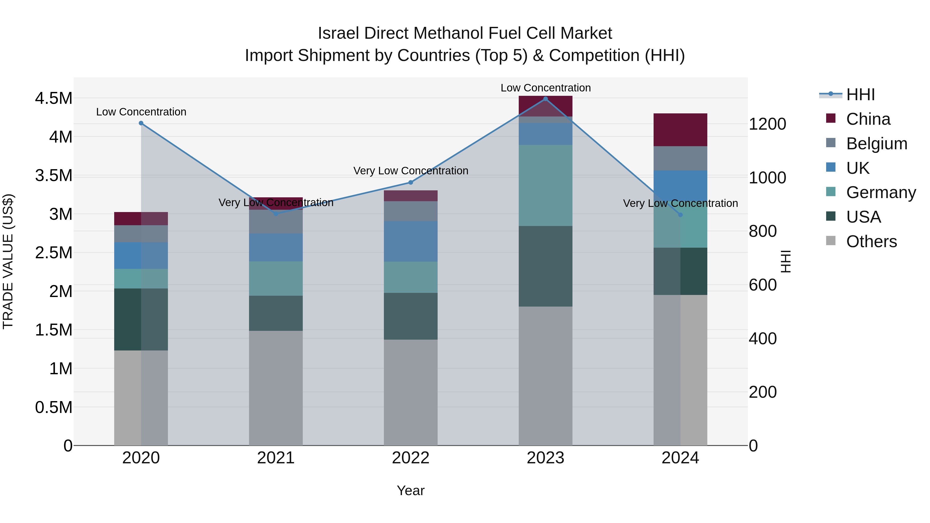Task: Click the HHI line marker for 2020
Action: (x=141, y=123)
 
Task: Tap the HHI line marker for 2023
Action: (x=546, y=99)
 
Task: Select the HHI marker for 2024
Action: (x=680, y=215)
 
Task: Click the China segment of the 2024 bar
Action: (x=680, y=130)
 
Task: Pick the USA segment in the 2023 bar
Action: (x=546, y=266)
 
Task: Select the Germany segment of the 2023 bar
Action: (x=546, y=185)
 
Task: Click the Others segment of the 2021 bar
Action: (x=276, y=388)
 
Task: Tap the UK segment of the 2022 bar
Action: (x=410, y=241)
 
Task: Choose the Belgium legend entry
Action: (x=876, y=144)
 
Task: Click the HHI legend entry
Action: (x=860, y=95)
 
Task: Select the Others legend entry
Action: (x=871, y=241)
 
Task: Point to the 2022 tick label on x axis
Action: (x=410, y=458)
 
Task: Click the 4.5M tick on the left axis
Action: (x=53, y=98)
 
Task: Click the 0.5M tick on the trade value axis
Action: (x=53, y=407)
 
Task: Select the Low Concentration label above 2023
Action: (x=546, y=88)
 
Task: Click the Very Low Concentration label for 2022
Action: (x=410, y=171)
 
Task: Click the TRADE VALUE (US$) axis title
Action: (x=8, y=261)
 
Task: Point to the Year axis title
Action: (x=410, y=490)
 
